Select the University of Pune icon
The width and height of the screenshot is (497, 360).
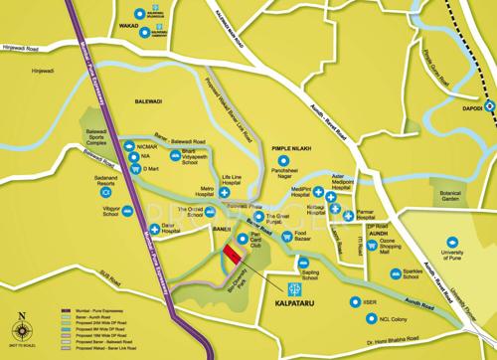(453, 240)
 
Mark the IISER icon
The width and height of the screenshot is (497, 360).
(350, 299)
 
